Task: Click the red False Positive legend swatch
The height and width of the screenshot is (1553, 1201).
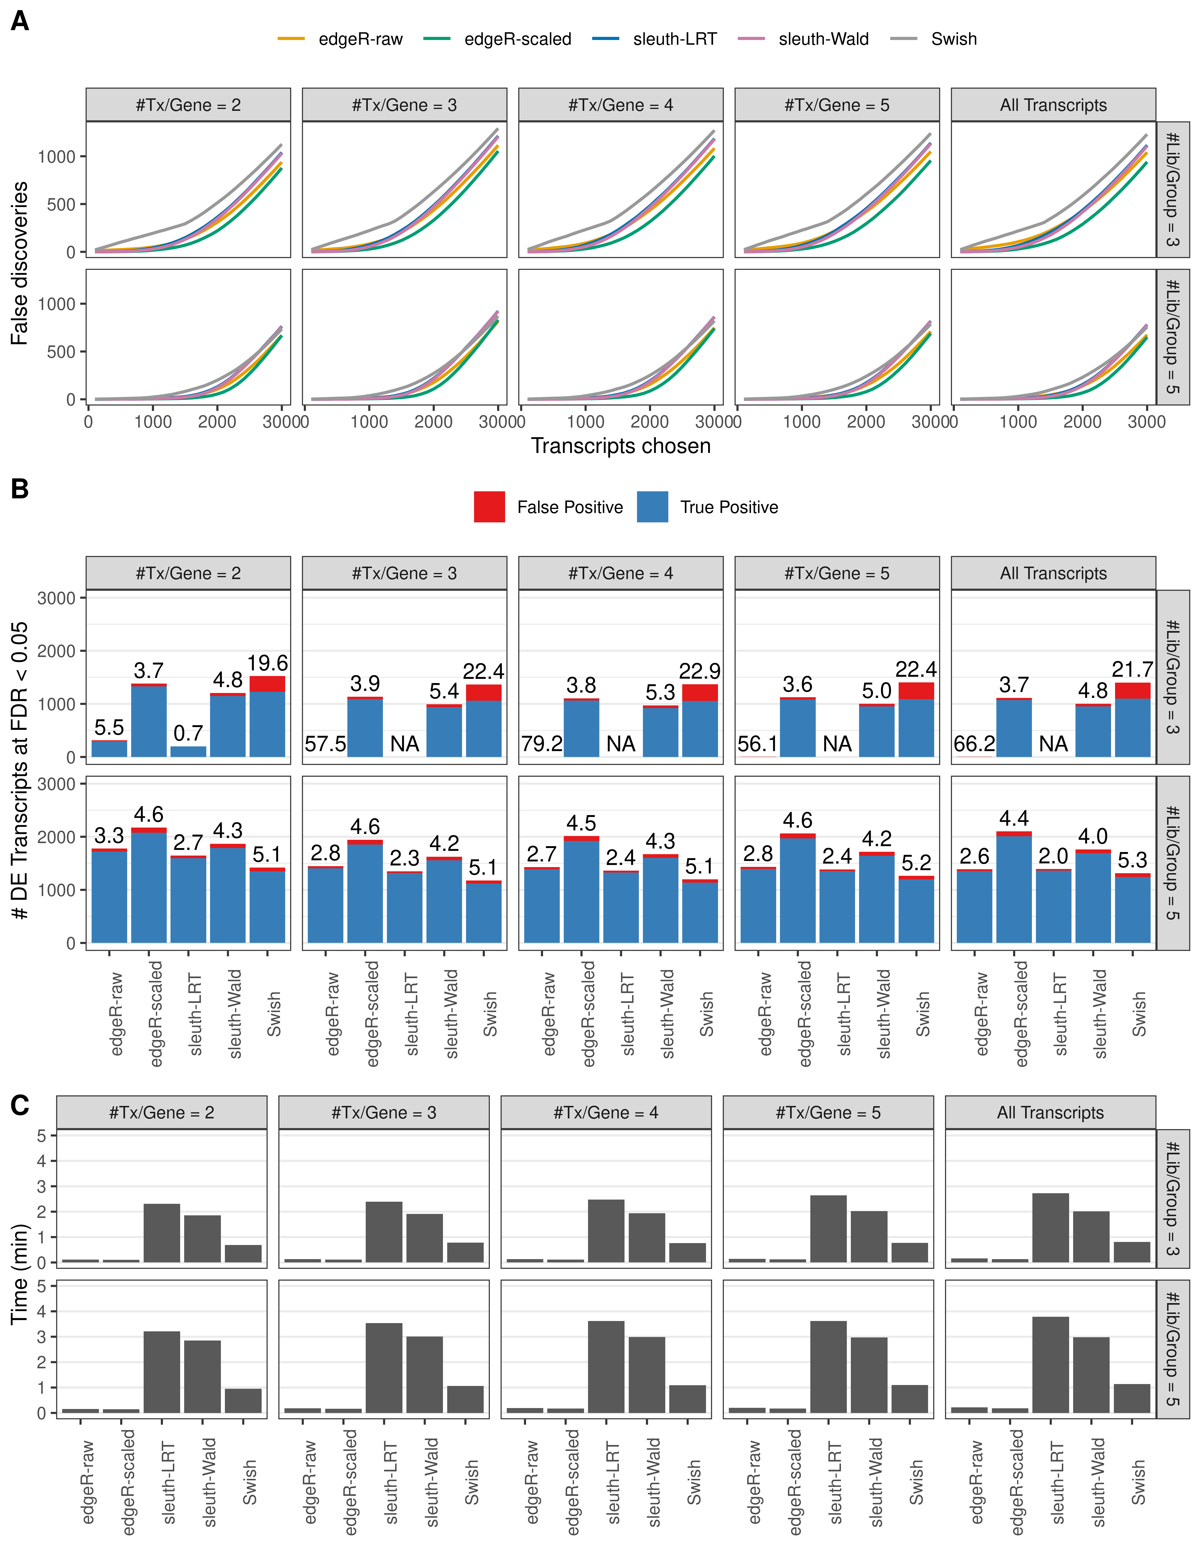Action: click(x=490, y=507)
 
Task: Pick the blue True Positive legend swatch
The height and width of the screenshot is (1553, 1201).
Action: click(x=653, y=507)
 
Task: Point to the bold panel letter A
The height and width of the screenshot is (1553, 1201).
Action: click(x=20, y=21)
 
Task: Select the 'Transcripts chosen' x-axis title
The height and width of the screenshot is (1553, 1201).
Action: click(x=621, y=446)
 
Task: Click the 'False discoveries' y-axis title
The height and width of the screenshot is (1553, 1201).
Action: click(x=20, y=263)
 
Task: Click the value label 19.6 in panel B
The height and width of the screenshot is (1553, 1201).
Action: click(x=268, y=664)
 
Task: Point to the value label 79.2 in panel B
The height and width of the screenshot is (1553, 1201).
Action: click(x=541, y=744)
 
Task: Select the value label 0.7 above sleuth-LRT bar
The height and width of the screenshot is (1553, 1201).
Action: click(x=189, y=733)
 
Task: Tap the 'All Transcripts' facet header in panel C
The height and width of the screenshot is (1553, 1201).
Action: click(x=1050, y=1113)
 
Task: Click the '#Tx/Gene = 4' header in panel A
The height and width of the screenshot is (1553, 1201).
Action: click(x=621, y=105)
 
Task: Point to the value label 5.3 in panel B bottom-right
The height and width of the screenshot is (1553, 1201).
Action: click(x=1132, y=861)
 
